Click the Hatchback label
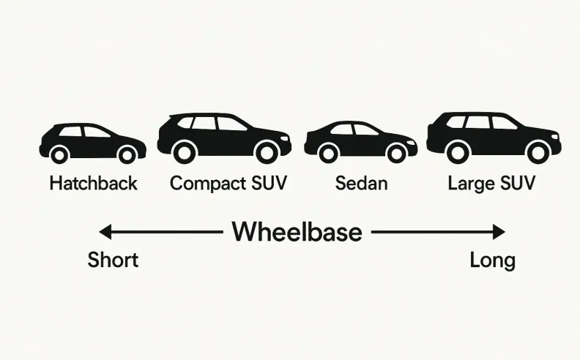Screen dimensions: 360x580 click(x=93, y=183)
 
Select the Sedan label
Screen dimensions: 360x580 click(x=360, y=183)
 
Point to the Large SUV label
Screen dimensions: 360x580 click(x=491, y=183)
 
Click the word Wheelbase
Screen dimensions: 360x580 click(x=297, y=232)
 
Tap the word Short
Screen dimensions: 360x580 click(x=113, y=260)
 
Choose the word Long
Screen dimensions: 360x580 click(x=492, y=260)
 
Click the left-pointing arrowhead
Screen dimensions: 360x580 click(x=105, y=233)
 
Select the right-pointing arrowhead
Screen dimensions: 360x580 click(x=499, y=233)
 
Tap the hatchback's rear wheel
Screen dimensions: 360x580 click(x=59, y=154)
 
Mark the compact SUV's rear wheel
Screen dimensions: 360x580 click(x=186, y=151)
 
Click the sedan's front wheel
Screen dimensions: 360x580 click(x=396, y=153)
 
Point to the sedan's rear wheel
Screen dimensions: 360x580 click(x=329, y=153)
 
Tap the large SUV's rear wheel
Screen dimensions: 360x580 click(x=458, y=151)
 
